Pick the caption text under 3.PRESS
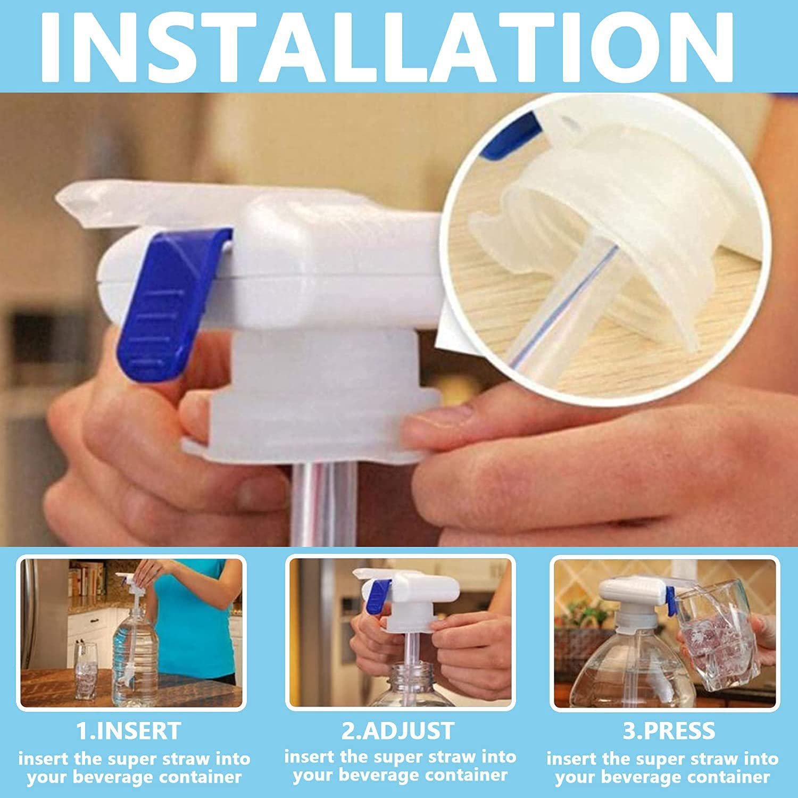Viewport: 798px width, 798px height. pyautogui.click(x=662, y=768)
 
